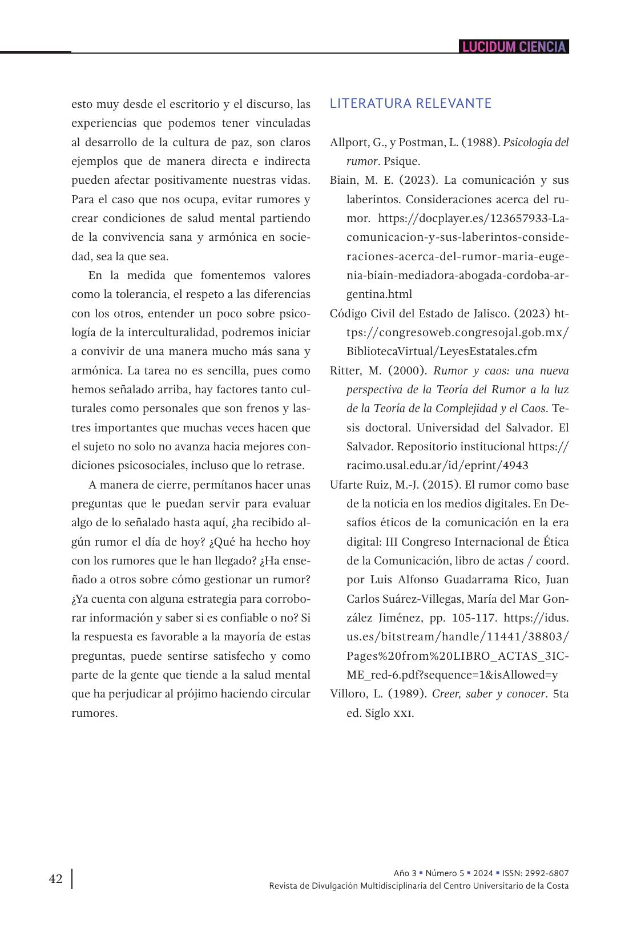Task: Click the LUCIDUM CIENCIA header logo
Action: (514, 47)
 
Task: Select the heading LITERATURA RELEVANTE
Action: (410, 103)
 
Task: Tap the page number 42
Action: (56, 879)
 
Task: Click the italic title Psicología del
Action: (535, 142)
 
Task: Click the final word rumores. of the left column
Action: (94, 713)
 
